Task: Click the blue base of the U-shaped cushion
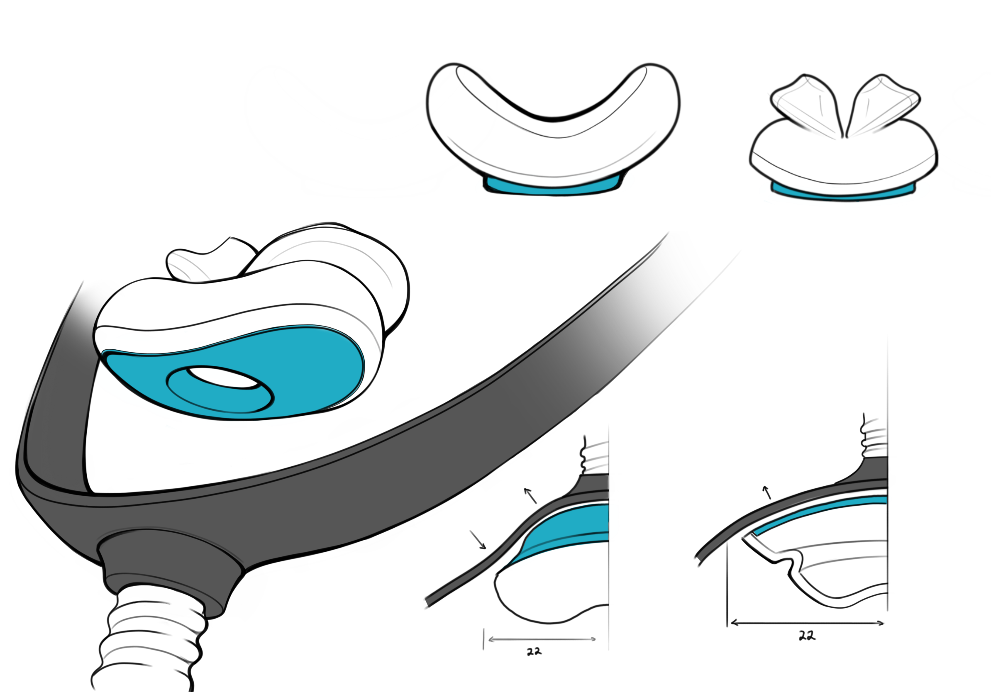tap(552, 188)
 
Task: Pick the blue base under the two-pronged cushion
tap(842, 194)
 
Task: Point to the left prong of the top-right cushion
tap(807, 104)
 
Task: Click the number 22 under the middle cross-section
tap(534, 651)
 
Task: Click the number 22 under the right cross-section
tap(807, 636)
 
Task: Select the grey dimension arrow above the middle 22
tap(542, 639)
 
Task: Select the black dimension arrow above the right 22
tap(806, 623)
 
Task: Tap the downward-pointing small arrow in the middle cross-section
tap(478, 540)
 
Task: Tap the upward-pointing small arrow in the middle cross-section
tap(530, 496)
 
